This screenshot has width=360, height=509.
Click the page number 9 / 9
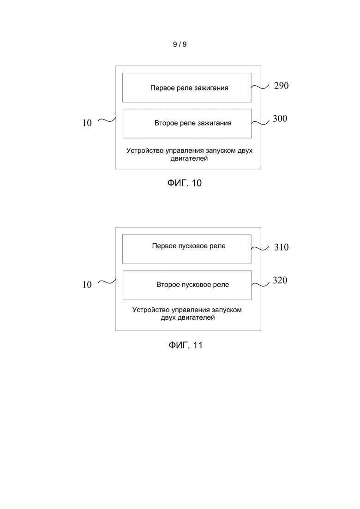point(180,44)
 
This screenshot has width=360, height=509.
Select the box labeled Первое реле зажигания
point(186,88)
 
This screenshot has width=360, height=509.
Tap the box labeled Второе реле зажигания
point(187,124)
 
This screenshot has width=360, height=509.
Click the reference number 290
point(281,86)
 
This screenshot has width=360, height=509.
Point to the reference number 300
point(280,119)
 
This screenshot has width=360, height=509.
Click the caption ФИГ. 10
point(184,183)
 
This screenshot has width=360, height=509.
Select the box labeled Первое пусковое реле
point(186,249)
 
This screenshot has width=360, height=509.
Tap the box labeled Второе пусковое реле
point(187,285)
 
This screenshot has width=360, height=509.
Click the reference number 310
point(281,247)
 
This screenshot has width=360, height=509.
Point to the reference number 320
point(280,280)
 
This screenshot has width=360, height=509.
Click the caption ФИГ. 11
point(186,345)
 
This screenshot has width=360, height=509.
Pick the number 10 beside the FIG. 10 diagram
point(87,123)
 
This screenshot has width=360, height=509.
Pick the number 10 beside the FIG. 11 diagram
point(87,285)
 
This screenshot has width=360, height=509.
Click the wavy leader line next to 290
point(260,87)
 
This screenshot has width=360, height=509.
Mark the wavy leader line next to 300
point(260,122)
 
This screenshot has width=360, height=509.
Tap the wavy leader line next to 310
point(260,249)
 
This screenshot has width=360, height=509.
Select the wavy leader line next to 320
point(260,284)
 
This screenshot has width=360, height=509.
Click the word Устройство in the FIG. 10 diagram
point(145,150)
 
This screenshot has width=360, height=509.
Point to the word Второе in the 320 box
point(167,285)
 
